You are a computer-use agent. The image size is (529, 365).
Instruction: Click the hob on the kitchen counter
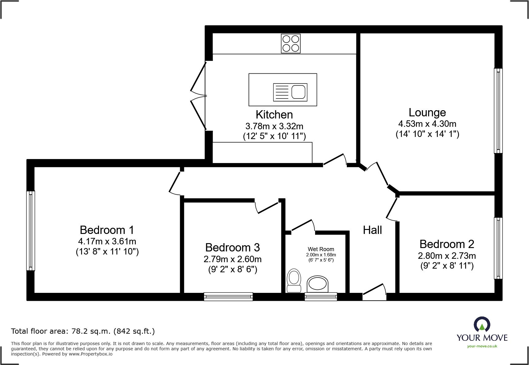pos(291,44)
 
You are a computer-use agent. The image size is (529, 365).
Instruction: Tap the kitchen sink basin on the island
pos(298,92)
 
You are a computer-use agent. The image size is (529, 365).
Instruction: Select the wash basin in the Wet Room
pos(317,283)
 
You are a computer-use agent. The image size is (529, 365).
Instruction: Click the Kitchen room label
pos(274,115)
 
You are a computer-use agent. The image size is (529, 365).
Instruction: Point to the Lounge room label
pos(427,113)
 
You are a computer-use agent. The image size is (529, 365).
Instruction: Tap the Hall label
pos(372,230)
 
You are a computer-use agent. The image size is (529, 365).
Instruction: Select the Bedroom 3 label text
pos(232,247)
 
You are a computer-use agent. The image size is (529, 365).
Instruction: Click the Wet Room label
pos(321,249)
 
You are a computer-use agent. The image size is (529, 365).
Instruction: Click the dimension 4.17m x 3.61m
pos(107,242)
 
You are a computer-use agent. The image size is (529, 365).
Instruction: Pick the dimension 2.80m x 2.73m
pos(447,256)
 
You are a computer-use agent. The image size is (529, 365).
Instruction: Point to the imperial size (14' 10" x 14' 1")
pos(427,134)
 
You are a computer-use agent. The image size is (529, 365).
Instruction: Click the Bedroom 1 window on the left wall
pos(30,231)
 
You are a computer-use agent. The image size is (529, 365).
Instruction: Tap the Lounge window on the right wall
pos(498,111)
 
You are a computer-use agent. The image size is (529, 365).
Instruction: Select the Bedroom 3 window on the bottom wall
pos(228,297)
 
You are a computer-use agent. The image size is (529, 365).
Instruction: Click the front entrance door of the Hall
pos(374,293)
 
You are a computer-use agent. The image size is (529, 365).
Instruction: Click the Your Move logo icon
pos(482,324)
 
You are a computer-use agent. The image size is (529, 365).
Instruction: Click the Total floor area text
pos(83,331)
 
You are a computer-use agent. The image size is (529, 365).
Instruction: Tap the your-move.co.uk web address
pos(482,346)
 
